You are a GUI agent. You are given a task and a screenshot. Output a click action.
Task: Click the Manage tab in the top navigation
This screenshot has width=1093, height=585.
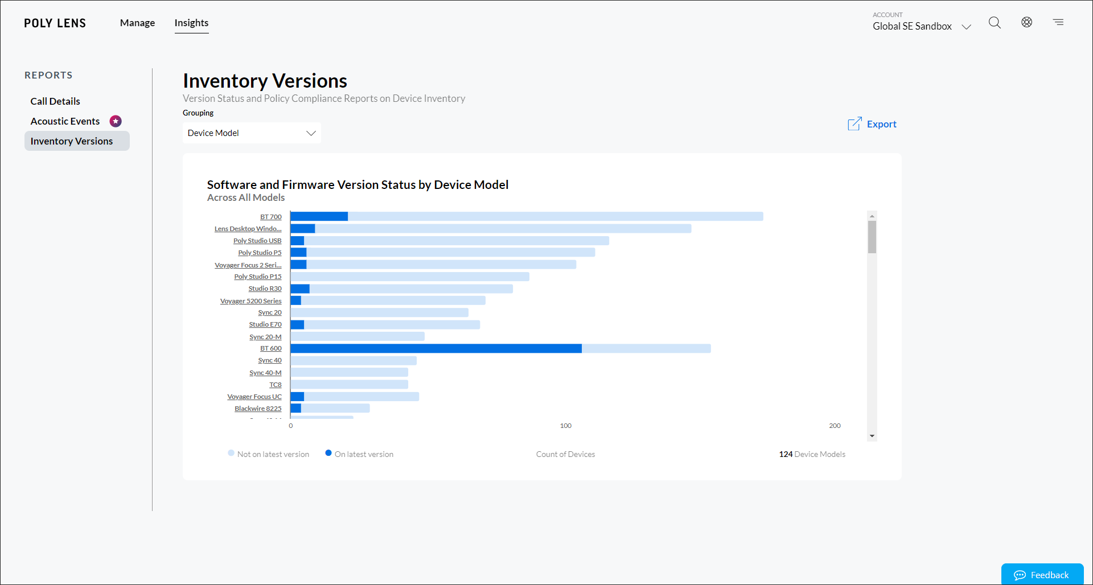(137, 23)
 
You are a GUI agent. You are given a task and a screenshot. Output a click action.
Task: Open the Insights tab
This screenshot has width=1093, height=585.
(191, 23)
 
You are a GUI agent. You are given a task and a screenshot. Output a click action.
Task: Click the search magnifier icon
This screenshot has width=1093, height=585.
(994, 22)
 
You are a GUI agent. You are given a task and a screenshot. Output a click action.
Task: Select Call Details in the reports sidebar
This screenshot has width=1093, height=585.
(55, 101)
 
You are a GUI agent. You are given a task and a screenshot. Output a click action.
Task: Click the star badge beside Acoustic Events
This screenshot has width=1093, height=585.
(116, 121)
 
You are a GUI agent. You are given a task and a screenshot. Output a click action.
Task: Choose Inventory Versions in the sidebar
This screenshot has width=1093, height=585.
(72, 141)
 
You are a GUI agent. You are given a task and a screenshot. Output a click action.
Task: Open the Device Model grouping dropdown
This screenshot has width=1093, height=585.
(252, 133)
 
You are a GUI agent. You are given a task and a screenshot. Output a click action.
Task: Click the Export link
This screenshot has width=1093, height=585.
(873, 124)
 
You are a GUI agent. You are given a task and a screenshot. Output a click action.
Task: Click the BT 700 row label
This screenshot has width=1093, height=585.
(271, 217)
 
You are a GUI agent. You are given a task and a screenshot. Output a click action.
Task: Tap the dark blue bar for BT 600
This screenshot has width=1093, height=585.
(435, 348)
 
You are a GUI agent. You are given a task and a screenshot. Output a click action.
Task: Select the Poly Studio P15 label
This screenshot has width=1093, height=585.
(258, 277)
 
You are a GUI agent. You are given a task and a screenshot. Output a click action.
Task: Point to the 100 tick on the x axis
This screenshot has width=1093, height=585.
(565, 426)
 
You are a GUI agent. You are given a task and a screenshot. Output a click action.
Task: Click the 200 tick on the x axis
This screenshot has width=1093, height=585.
(835, 426)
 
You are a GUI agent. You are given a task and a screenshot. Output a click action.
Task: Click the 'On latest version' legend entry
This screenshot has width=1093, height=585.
(359, 454)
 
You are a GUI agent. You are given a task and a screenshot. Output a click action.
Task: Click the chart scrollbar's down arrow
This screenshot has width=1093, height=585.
(872, 436)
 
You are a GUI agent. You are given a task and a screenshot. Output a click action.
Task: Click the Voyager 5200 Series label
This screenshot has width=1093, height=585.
(251, 301)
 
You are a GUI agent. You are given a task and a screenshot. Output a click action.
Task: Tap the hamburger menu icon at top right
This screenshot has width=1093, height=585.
(1058, 22)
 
